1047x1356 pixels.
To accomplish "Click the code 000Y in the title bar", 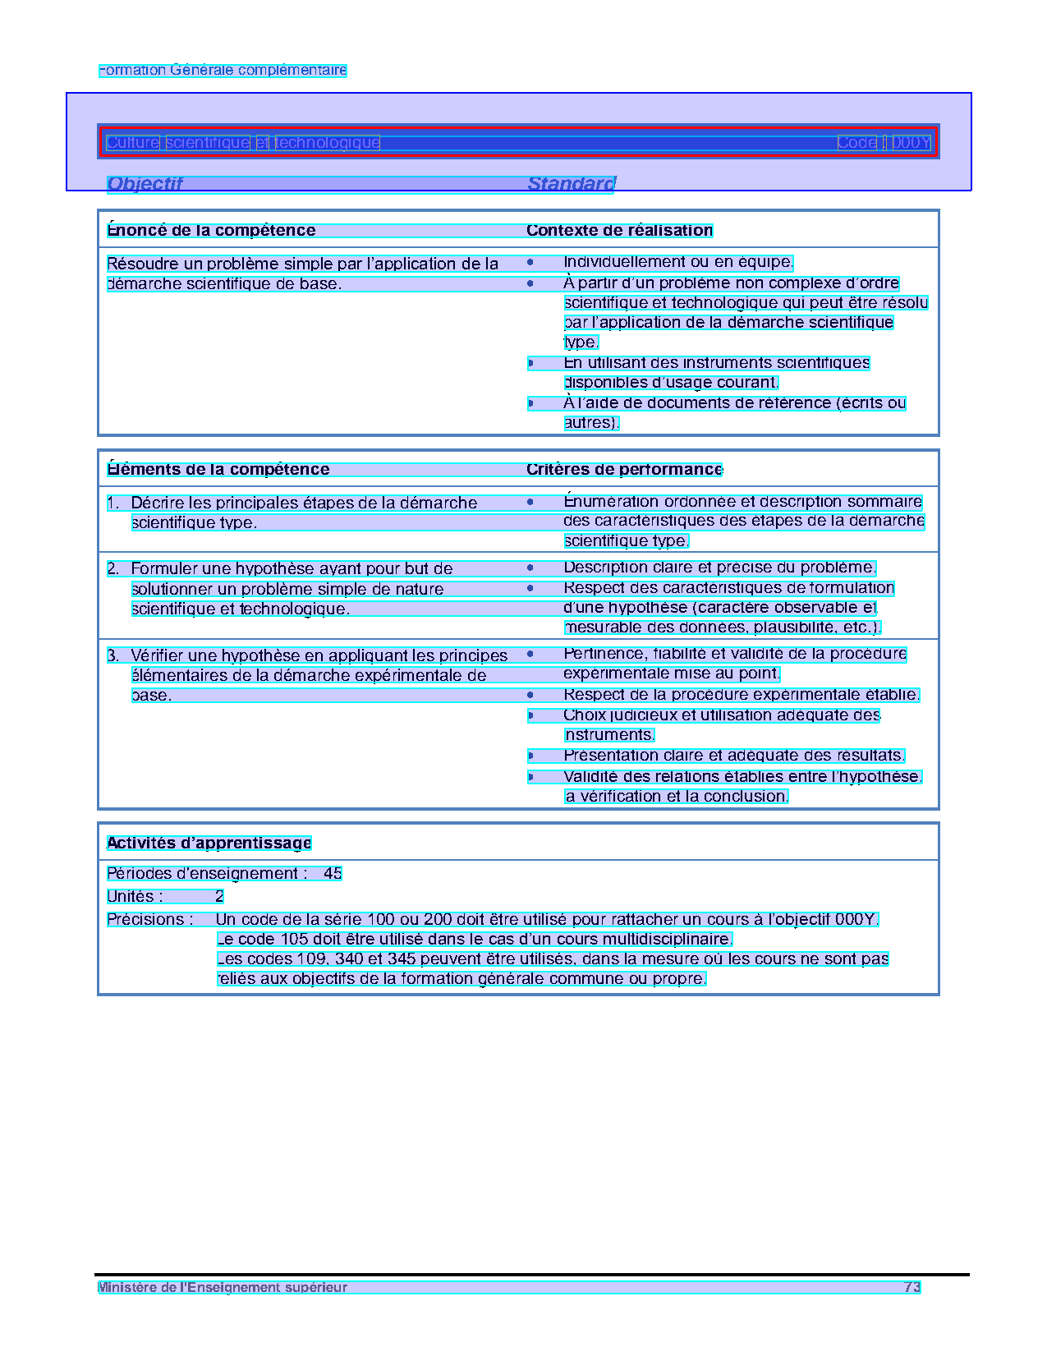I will click(x=911, y=143).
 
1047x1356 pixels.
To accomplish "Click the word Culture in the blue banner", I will click(x=132, y=143).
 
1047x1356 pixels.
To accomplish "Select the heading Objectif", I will click(x=145, y=184).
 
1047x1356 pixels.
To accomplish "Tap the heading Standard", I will click(x=571, y=184).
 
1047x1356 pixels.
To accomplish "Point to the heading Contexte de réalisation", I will click(x=619, y=231).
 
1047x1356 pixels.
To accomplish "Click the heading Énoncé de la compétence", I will click(x=211, y=231).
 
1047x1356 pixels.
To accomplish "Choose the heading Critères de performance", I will click(x=624, y=470).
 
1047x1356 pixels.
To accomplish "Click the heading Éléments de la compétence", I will click(x=218, y=470).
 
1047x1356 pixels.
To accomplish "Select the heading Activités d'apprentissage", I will click(x=209, y=843).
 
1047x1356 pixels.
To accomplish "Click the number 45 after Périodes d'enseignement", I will click(x=333, y=874).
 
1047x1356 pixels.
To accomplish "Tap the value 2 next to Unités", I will click(x=219, y=897).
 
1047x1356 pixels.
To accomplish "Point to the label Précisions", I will click(x=149, y=920).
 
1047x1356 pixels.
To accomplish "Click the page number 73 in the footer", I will click(x=912, y=1288).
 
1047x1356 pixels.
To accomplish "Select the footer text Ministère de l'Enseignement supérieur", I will click(x=223, y=1288).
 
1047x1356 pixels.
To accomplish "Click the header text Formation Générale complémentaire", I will click(x=223, y=71).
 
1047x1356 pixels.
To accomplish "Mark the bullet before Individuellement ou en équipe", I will click(x=530, y=263).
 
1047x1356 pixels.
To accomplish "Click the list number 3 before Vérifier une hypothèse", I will click(x=113, y=656).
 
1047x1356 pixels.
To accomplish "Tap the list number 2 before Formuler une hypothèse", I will click(x=113, y=569).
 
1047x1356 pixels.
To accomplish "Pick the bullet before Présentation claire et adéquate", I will click(x=530, y=756).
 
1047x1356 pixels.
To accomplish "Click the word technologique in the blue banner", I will click(x=327, y=143).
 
